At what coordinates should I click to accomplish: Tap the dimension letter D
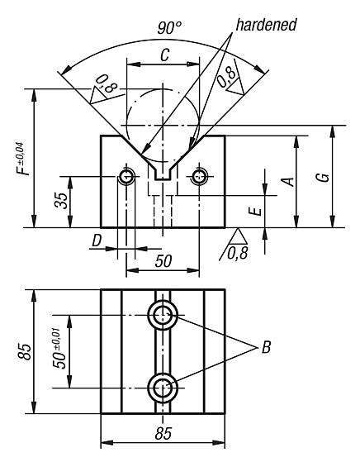97,241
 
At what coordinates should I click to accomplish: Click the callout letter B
265,348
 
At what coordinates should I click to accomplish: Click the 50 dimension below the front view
163,261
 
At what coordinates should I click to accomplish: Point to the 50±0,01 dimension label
59,350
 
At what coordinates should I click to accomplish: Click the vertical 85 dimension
26,350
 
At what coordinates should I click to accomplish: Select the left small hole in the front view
127,176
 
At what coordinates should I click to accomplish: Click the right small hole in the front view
198,176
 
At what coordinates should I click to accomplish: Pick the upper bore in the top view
163,314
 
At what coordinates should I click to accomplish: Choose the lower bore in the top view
163,386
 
